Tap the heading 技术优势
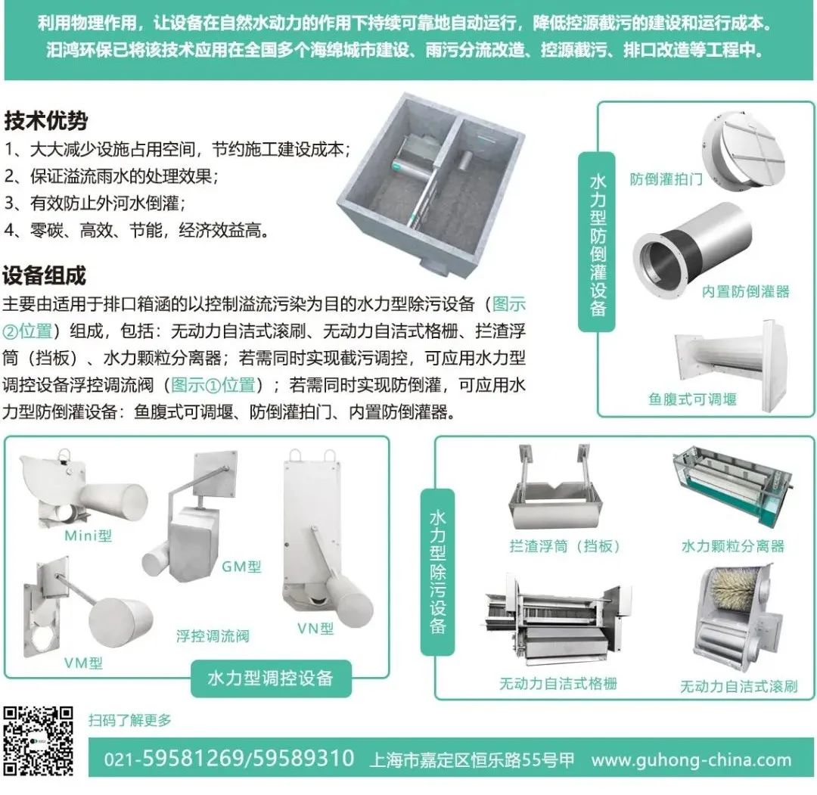click(x=46, y=121)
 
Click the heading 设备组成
click(x=45, y=275)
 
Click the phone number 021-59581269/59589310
click(x=228, y=759)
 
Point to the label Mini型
click(x=88, y=536)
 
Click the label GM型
click(x=241, y=567)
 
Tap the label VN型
click(x=315, y=629)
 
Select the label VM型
click(x=83, y=663)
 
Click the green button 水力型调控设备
click(x=270, y=678)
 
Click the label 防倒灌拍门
click(x=666, y=179)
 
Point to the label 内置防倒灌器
click(x=745, y=291)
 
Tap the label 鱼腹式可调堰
click(x=691, y=399)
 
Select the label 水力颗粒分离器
click(x=732, y=546)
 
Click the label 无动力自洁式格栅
click(x=558, y=684)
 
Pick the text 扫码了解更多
click(x=130, y=720)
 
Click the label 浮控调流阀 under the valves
click(x=213, y=635)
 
